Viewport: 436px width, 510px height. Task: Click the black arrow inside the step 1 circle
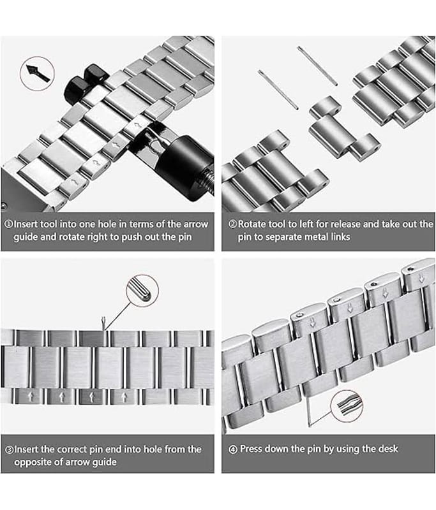click(38, 73)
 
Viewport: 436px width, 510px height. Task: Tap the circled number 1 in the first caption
click(8, 224)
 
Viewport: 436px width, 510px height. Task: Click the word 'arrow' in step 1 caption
click(196, 224)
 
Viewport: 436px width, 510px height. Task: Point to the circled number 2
click(232, 224)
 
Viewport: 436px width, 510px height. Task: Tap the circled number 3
click(9, 450)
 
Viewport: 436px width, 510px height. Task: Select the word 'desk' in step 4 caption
click(388, 449)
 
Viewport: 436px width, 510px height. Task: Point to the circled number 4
click(233, 449)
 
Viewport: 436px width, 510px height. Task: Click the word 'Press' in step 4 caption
click(251, 449)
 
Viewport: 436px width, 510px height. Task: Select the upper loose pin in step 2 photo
click(317, 66)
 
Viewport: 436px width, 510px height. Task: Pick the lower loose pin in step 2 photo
click(278, 89)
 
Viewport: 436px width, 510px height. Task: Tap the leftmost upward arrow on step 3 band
click(31, 397)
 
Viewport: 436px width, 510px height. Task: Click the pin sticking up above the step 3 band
click(103, 324)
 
